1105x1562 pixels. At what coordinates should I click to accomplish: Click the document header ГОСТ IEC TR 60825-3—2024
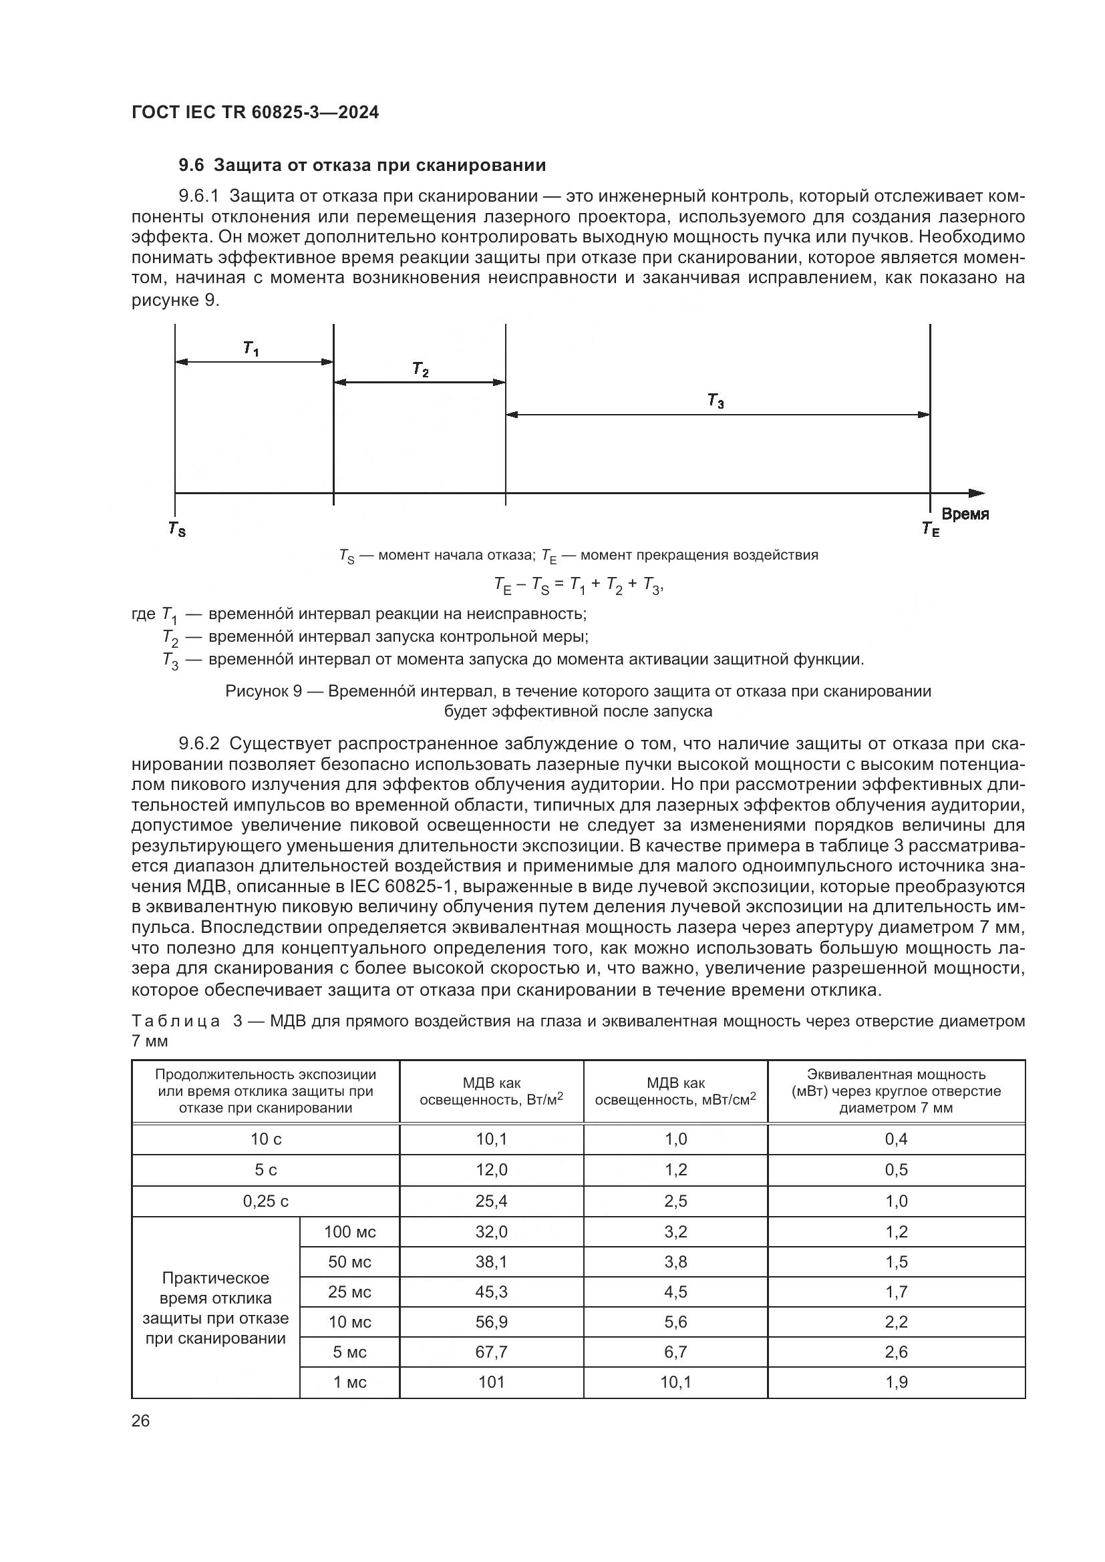click(x=255, y=113)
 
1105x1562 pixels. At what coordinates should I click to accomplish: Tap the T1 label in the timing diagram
click(x=251, y=349)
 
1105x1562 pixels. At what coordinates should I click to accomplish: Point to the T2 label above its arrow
click(x=420, y=369)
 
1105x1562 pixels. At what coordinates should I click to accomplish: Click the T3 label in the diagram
click(x=716, y=401)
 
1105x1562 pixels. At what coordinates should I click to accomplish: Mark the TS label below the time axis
click(x=177, y=529)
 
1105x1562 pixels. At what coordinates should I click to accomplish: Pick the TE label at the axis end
click(x=930, y=529)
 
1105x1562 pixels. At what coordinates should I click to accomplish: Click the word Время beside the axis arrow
click(x=965, y=514)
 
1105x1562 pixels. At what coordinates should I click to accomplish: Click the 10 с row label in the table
click(x=266, y=1139)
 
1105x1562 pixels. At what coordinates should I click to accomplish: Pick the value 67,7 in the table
click(x=491, y=1352)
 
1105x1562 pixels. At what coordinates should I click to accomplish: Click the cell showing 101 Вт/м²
click(x=491, y=1382)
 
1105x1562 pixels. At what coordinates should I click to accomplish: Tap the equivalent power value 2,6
click(x=896, y=1352)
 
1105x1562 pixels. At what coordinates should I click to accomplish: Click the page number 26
click(x=141, y=1420)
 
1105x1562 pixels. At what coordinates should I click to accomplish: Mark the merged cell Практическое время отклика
click(x=215, y=1308)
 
